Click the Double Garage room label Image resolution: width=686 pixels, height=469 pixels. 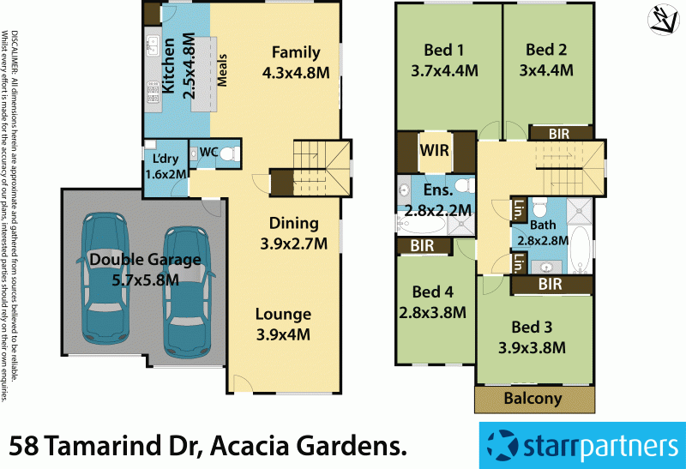pyautogui.click(x=133, y=259)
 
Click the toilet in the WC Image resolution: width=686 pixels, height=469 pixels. pyautogui.click(x=226, y=154)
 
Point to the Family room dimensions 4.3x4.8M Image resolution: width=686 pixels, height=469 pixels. pyautogui.click(x=296, y=73)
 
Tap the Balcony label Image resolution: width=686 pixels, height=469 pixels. pyautogui.click(x=533, y=399)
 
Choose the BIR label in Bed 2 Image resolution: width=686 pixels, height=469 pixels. pyautogui.click(x=558, y=133)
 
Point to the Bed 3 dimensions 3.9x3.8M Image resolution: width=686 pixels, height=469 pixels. pyautogui.click(x=533, y=347)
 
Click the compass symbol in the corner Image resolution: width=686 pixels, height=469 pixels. pyautogui.click(x=663, y=21)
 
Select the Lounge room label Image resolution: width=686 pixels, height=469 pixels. pyautogui.click(x=283, y=314)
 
